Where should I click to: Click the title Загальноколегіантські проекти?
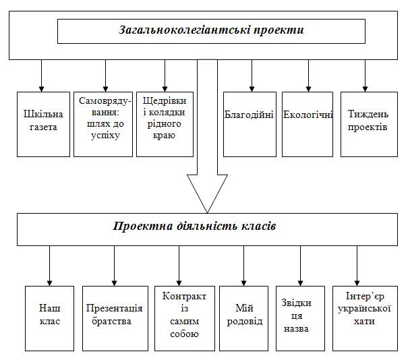click(211, 30)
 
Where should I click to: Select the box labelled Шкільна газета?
click(43, 124)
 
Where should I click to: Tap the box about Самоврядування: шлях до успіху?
click(103, 124)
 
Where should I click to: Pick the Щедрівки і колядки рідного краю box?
click(165, 124)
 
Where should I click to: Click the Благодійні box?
click(250, 124)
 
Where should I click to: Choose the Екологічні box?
click(307, 124)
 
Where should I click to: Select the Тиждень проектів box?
click(370, 124)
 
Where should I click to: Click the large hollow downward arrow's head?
click(207, 193)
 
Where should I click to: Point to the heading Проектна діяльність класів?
click(194, 226)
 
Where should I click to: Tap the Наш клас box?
click(50, 318)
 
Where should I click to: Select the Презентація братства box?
click(115, 318)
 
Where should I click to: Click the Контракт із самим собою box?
click(185, 318)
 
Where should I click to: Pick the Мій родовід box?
click(243, 318)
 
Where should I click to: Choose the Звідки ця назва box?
click(301, 318)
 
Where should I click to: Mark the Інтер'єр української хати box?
click(365, 318)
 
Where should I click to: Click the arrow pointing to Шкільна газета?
click(41, 76)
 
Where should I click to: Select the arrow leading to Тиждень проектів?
click(365, 76)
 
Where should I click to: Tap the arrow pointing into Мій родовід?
click(243, 266)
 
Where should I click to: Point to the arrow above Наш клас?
click(49, 266)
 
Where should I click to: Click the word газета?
click(43, 127)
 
